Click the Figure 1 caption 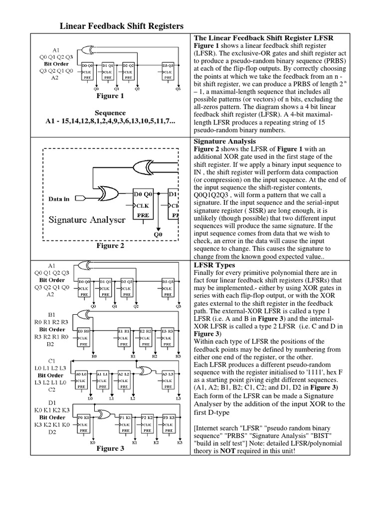click(111, 96)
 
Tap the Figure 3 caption click(111, 448)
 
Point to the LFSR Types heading click(211, 265)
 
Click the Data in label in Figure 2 click(59, 199)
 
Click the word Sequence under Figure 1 click(110, 113)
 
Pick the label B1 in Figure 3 click(51, 315)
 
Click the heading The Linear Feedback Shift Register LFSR click(263, 38)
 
